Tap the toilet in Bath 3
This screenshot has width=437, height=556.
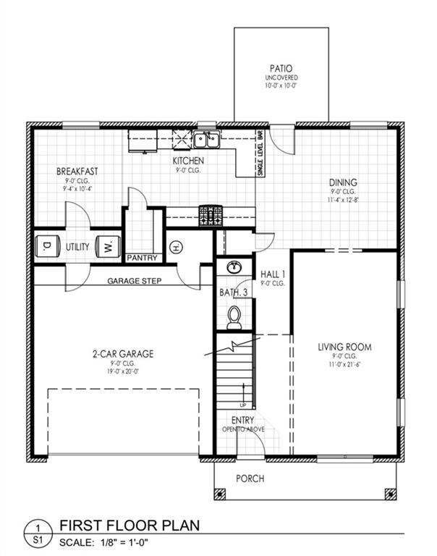tap(233, 316)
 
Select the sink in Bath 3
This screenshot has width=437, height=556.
tap(233, 268)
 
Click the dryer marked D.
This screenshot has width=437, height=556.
tap(48, 246)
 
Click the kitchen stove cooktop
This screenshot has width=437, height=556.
tap(211, 214)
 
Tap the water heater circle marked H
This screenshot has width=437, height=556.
tap(175, 248)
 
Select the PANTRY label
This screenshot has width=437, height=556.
tap(143, 258)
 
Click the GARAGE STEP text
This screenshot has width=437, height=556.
tap(134, 280)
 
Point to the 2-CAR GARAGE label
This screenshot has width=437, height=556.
tap(122, 354)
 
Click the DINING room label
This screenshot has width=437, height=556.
tap(342, 182)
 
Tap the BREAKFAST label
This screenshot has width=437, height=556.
tap(77, 172)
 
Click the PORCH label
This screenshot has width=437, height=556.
tap(250, 479)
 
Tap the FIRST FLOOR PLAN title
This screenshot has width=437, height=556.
tap(130, 525)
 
